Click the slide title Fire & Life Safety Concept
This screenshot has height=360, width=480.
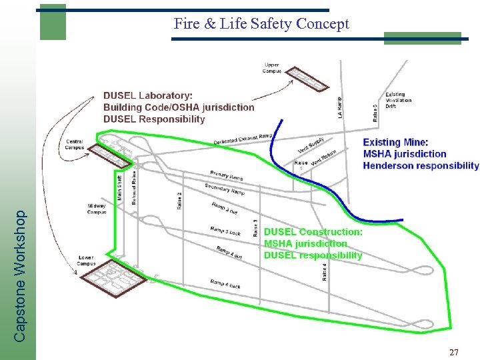tap(261, 24)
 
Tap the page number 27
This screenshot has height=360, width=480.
tap(453, 351)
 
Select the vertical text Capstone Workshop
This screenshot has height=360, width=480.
tap(21, 276)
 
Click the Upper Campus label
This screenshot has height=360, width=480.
tap(272, 67)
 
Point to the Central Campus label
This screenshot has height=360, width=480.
tap(75, 144)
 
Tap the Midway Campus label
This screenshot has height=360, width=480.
tap(97, 209)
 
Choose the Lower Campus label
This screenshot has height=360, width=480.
tap(85, 260)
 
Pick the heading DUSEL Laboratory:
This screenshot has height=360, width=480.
tap(148, 95)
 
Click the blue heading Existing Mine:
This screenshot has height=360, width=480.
tap(395, 142)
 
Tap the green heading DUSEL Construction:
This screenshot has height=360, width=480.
tap(313, 232)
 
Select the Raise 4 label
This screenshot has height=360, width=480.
tap(325, 272)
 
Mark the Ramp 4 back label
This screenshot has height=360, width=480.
tap(225, 284)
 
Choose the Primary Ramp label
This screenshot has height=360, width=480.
tap(227, 175)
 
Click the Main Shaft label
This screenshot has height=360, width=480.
tap(121, 187)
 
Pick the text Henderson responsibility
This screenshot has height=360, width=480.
tap(421, 165)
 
